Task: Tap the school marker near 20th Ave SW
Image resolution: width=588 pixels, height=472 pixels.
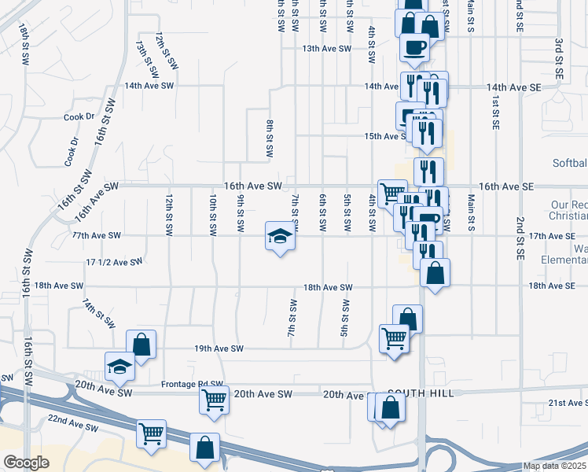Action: coord(119,367)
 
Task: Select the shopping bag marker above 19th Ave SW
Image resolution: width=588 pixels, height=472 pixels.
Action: coord(141,345)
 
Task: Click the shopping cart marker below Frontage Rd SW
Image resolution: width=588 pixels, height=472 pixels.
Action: coord(214,400)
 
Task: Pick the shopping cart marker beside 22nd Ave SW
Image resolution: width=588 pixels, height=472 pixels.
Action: coord(150,434)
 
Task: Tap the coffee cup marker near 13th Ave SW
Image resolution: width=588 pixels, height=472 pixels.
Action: coord(413,46)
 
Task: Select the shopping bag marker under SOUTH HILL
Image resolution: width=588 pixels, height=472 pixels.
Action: coord(390,407)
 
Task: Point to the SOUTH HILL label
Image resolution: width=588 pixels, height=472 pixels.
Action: coord(421,393)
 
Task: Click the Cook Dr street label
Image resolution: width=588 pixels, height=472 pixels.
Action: coord(79,116)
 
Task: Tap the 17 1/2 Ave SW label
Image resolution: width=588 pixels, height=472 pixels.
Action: coord(114,261)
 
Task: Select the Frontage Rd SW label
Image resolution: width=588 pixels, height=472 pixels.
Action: coord(192,384)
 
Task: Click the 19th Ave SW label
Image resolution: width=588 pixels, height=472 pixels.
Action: coord(219,348)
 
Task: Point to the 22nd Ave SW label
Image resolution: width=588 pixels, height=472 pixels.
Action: coord(72,423)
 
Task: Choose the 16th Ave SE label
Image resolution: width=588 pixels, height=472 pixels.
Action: coord(505,186)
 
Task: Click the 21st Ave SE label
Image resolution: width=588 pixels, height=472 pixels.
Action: coord(568,403)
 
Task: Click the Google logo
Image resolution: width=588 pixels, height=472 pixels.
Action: coord(26,463)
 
